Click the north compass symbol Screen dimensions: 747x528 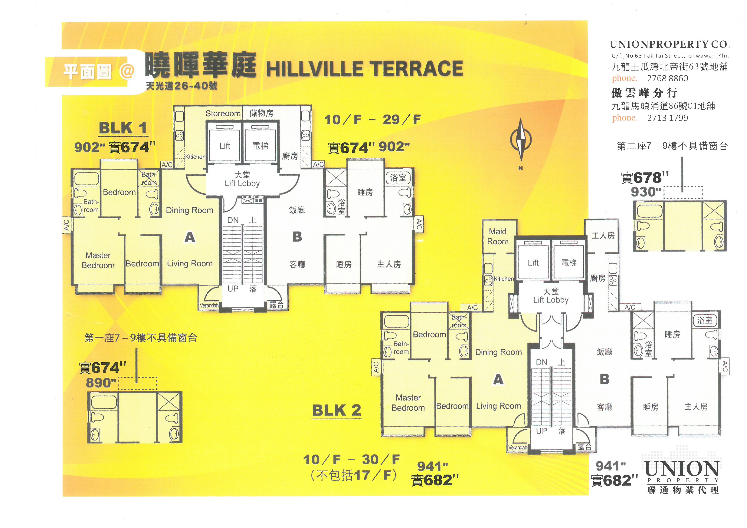coord(521,140)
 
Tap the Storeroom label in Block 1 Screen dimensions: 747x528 coord(223,113)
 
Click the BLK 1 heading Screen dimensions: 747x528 coord(123,128)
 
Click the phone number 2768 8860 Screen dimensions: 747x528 coord(668,78)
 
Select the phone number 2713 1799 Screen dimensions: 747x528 coord(668,118)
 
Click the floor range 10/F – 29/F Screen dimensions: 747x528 coord(373,120)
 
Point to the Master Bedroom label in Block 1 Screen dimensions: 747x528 coord(98,260)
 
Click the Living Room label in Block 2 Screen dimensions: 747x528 coord(498,406)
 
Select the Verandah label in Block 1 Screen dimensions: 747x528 coord(209,305)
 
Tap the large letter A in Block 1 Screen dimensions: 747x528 coord(190,237)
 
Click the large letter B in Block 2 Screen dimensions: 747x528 coord(605,379)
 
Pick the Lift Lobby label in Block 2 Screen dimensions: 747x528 coord(551,300)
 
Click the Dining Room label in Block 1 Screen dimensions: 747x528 coord(190,210)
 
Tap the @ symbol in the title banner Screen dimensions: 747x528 coord(127,71)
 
